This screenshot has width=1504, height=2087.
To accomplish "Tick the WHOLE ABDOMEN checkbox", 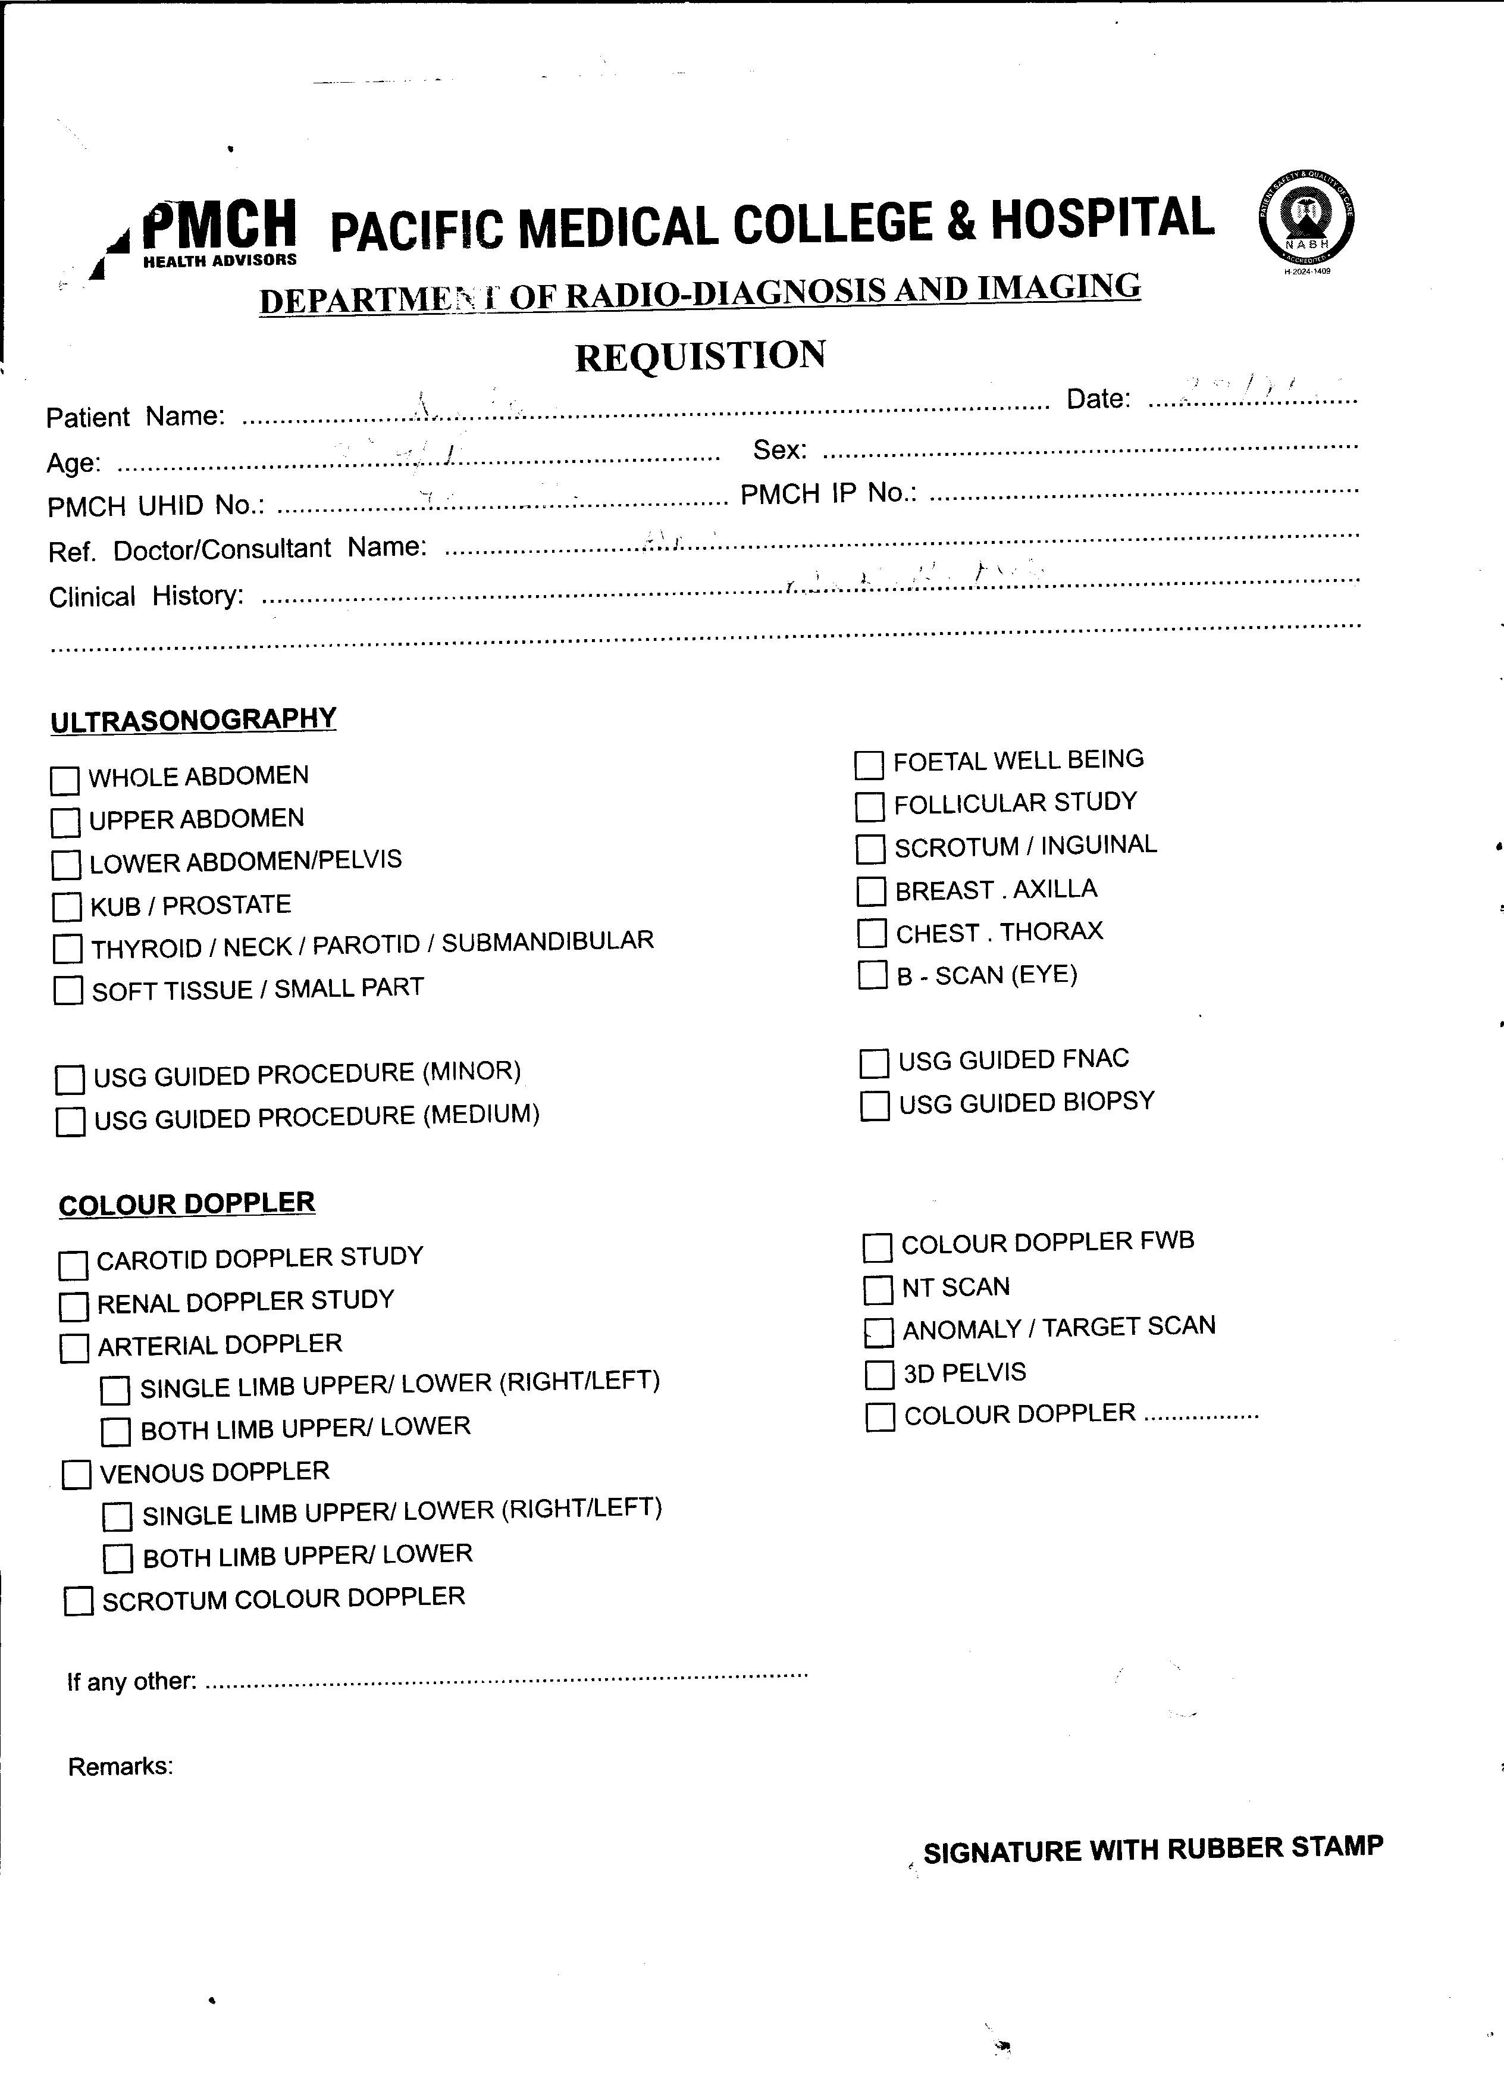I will pyautogui.click(x=64, y=780).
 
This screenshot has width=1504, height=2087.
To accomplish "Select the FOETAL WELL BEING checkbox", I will pyautogui.click(x=869, y=765).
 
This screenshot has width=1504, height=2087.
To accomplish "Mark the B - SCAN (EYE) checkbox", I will pyautogui.click(x=872, y=975).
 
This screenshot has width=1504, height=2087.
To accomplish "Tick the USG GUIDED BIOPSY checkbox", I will pyautogui.click(x=875, y=1105).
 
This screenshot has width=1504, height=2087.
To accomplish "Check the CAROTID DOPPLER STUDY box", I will pyautogui.click(x=73, y=1265).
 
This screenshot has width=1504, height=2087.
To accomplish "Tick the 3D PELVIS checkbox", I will pyautogui.click(x=879, y=1375).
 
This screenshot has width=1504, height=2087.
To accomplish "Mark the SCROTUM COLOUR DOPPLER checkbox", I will pyautogui.click(x=78, y=1601).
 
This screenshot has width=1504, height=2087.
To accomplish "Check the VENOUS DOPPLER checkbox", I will pyautogui.click(x=76, y=1474).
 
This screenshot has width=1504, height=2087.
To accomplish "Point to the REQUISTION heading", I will pyautogui.click(x=700, y=356).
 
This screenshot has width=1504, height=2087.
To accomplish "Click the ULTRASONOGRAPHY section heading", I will pyautogui.click(x=193, y=719).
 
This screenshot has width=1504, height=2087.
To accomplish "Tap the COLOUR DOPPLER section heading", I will pyautogui.click(x=187, y=1204).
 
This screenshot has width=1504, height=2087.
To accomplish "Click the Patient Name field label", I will pyautogui.click(x=135, y=417).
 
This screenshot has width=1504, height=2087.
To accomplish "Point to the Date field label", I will pyautogui.click(x=1098, y=399).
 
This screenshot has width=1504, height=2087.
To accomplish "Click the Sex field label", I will pyautogui.click(x=780, y=450).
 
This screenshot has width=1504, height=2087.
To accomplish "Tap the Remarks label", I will pyautogui.click(x=121, y=1766).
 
